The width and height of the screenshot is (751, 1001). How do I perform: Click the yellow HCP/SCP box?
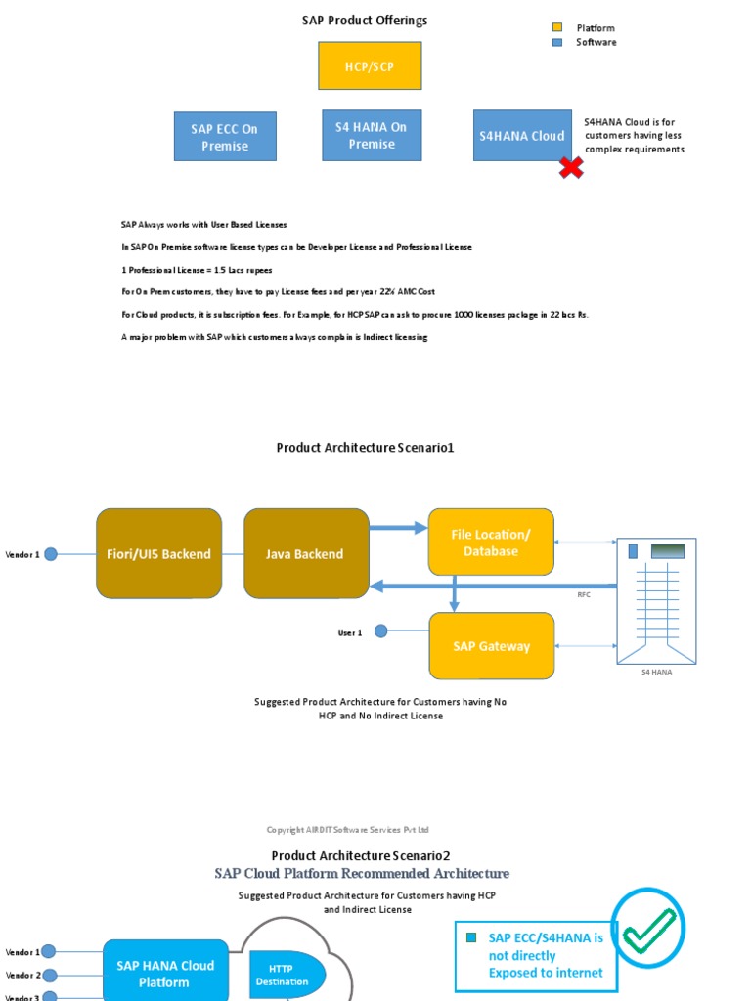[x=356, y=66]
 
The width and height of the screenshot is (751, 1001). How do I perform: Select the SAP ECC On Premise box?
[x=225, y=136]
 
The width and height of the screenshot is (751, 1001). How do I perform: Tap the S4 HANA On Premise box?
[x=372, y=135]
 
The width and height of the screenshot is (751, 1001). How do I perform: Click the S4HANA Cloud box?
[x=522, y=135]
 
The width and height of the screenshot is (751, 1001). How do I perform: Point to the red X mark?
[x=571, y=168]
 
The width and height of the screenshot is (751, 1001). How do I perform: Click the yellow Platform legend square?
[x=557, y=28]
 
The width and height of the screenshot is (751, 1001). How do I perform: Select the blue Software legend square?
[x=557, y=42]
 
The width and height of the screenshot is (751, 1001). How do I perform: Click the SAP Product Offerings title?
[x=365, y=21]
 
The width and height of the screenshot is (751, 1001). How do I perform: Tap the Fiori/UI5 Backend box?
[x=158, y=553]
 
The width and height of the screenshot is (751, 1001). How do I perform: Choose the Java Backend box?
[x=305, y=553]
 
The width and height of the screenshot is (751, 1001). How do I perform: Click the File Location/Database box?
[x=491, y=543]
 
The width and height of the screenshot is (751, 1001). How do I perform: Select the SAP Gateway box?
[x=491, y=646]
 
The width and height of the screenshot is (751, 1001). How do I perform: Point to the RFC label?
[x=585, y=593]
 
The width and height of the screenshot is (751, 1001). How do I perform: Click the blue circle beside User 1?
[x=381, y=631]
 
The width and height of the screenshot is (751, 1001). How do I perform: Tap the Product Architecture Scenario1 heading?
[x=365, y=448]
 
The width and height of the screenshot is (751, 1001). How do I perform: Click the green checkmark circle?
[x=647, y=925]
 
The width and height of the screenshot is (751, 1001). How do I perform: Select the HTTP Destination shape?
[x=283, y=975]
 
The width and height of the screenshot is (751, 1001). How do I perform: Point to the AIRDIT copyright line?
[x=348, y=830]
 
